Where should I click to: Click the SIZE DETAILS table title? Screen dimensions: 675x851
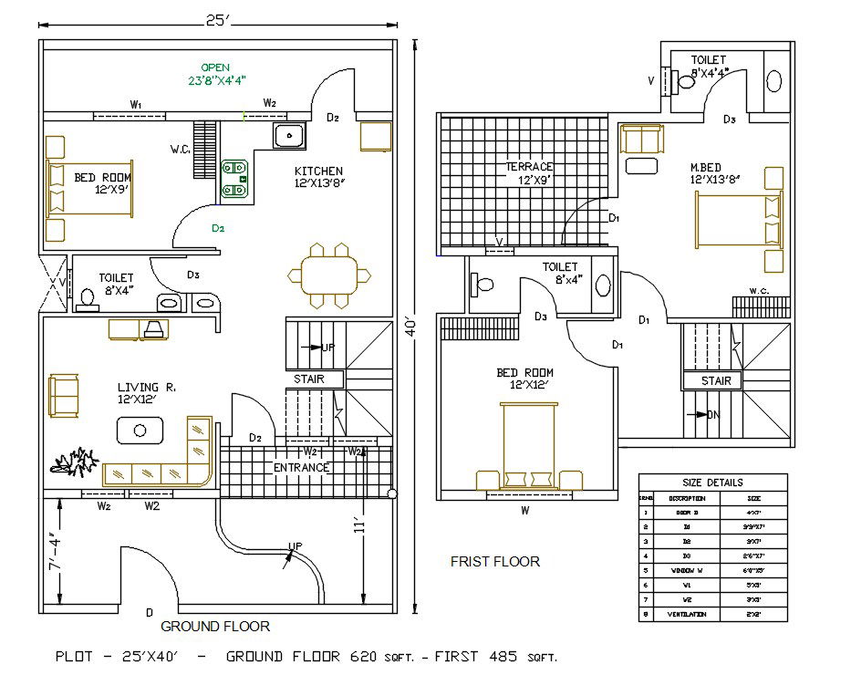pos(712,483)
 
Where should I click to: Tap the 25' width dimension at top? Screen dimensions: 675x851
pos(216,20)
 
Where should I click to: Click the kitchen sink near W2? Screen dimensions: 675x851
pos(290,137)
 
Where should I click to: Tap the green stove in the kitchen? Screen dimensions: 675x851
pos(235,179)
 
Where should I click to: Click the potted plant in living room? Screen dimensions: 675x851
pos(75,462)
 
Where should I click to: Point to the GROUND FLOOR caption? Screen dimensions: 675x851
pos(215,627)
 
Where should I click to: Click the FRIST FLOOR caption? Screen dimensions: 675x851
pos(494,561)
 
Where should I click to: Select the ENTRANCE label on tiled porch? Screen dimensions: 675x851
pos(302,468)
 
